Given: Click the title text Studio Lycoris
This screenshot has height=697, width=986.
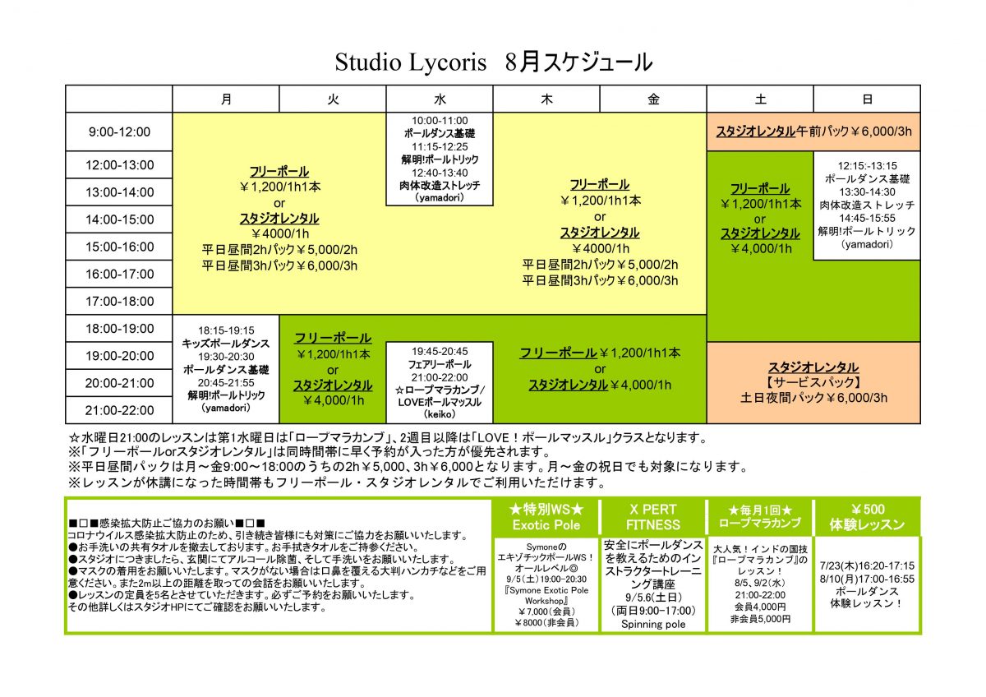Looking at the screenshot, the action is pos(410,62).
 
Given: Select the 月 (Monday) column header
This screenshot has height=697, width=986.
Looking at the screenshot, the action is pos(226,99).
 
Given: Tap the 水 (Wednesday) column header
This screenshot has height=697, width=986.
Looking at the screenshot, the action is pos(440,99).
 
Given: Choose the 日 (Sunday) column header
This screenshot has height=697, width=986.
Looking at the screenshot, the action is pos(867,99).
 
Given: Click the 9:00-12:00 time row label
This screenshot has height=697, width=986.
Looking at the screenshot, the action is pos(119,132).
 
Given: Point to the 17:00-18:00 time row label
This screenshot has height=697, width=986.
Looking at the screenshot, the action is pos(119,301).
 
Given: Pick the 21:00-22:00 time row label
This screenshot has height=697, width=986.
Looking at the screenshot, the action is pos(119,410).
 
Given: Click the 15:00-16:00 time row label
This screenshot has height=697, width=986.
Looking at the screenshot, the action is pos(119,247).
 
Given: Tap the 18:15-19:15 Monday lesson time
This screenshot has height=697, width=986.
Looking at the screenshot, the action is pos(226,330).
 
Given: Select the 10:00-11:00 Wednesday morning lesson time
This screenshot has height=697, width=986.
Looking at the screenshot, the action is pos(440,121).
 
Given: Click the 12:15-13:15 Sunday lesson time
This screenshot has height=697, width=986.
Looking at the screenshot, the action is pos(867,166).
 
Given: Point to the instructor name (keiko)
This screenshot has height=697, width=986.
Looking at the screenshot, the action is pos(440,414).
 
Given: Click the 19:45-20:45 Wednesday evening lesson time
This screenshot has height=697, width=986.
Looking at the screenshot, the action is pos(440,351).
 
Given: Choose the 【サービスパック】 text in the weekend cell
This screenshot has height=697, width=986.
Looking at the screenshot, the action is pos(813,382).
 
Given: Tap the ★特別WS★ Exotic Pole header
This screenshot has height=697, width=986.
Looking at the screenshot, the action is pos(546,517).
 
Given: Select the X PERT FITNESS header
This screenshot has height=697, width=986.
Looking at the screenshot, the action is pos(653,517).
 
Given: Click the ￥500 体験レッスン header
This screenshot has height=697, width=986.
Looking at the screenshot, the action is pos(867,517).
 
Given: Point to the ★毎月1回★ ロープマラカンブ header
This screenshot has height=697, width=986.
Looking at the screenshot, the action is pos(760,516).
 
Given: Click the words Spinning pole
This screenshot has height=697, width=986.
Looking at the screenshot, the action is pos(653,624).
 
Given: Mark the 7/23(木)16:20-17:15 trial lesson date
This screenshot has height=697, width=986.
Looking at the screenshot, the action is pos(867,565).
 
